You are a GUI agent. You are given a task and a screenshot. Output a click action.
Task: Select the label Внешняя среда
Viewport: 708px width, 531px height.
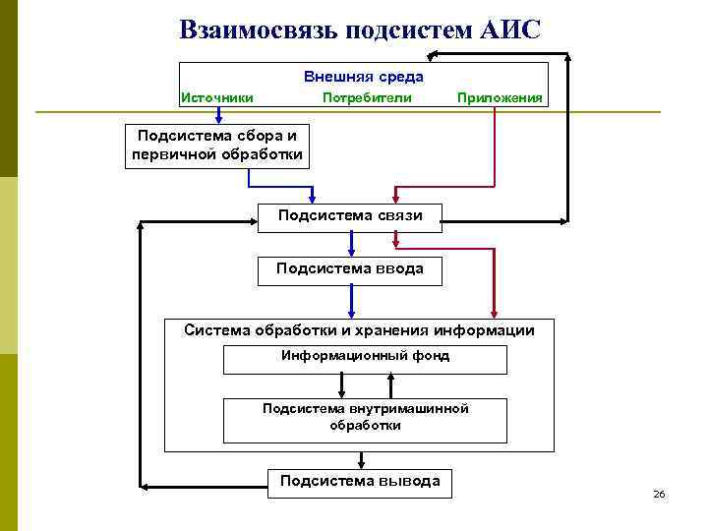(x=364, y=76)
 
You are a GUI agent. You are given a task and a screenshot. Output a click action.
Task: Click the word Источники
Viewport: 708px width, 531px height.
(x=217, y=97)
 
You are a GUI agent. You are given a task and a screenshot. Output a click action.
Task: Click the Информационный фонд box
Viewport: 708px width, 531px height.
(x=365, y=359)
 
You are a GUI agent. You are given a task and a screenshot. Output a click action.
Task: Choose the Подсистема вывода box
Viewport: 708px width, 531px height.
(x=360, y=482)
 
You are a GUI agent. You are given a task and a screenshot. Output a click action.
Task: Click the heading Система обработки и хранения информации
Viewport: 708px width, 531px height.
(x=359, y=330)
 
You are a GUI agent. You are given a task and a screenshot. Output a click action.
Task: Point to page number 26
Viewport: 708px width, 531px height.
(x=659, y=494)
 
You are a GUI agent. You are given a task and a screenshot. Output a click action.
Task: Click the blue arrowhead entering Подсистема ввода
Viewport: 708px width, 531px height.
(x=351, y=252)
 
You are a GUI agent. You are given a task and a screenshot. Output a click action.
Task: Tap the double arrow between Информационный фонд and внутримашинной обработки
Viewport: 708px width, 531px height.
(x=365, y=386)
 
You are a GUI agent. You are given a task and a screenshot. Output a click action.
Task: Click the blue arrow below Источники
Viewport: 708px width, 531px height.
(x=218, y=116)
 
